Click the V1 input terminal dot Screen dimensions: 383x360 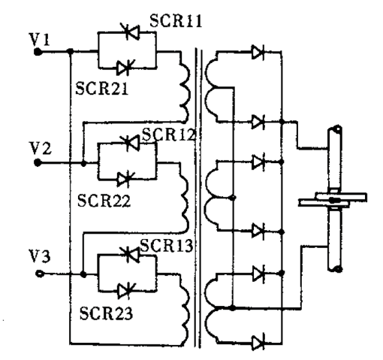click(x=38, y=52)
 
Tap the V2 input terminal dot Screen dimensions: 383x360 click(x=38, y=163)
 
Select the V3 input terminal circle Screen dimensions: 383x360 click(x=40, y=274)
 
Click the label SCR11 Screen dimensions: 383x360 click(x=176, y=20)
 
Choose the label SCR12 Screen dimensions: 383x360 click(x=168, y=135)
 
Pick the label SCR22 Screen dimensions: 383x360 click(x=104, y=200)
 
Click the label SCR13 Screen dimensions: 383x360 click(x=167, y=245)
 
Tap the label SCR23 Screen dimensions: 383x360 click(x=106, y=313)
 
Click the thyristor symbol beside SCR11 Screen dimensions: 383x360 click(x=131, y=32)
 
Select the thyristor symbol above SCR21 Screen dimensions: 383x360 click(x=126, y=68)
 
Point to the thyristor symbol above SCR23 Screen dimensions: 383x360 click(x=126, y=291)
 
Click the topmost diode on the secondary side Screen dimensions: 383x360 click(x=258, y=53)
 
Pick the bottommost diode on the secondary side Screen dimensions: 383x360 click(x=258, y=343)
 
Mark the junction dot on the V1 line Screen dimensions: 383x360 click(x=71, y=52)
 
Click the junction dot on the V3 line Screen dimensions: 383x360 click(x=83, y=274)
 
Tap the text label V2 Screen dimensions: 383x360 click(x=41, y=148)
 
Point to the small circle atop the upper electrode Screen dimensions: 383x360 click(x=338, y=130)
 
